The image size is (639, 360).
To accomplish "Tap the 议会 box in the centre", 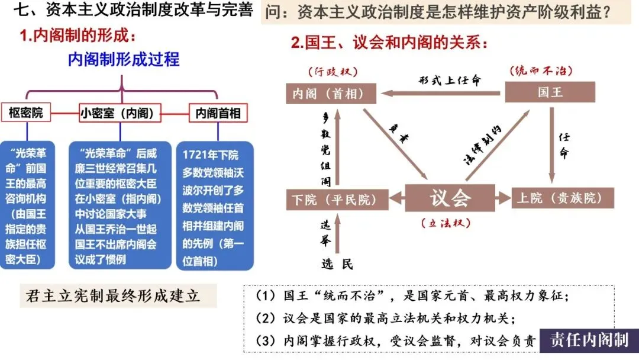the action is pos(450,198).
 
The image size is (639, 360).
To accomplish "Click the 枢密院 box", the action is pos(26,112).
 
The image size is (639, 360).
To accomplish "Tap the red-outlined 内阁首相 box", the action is pos(217,113).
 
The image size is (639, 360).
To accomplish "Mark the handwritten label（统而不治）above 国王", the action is pos(541,70).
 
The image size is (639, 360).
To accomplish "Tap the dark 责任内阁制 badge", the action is pos(588,339).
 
